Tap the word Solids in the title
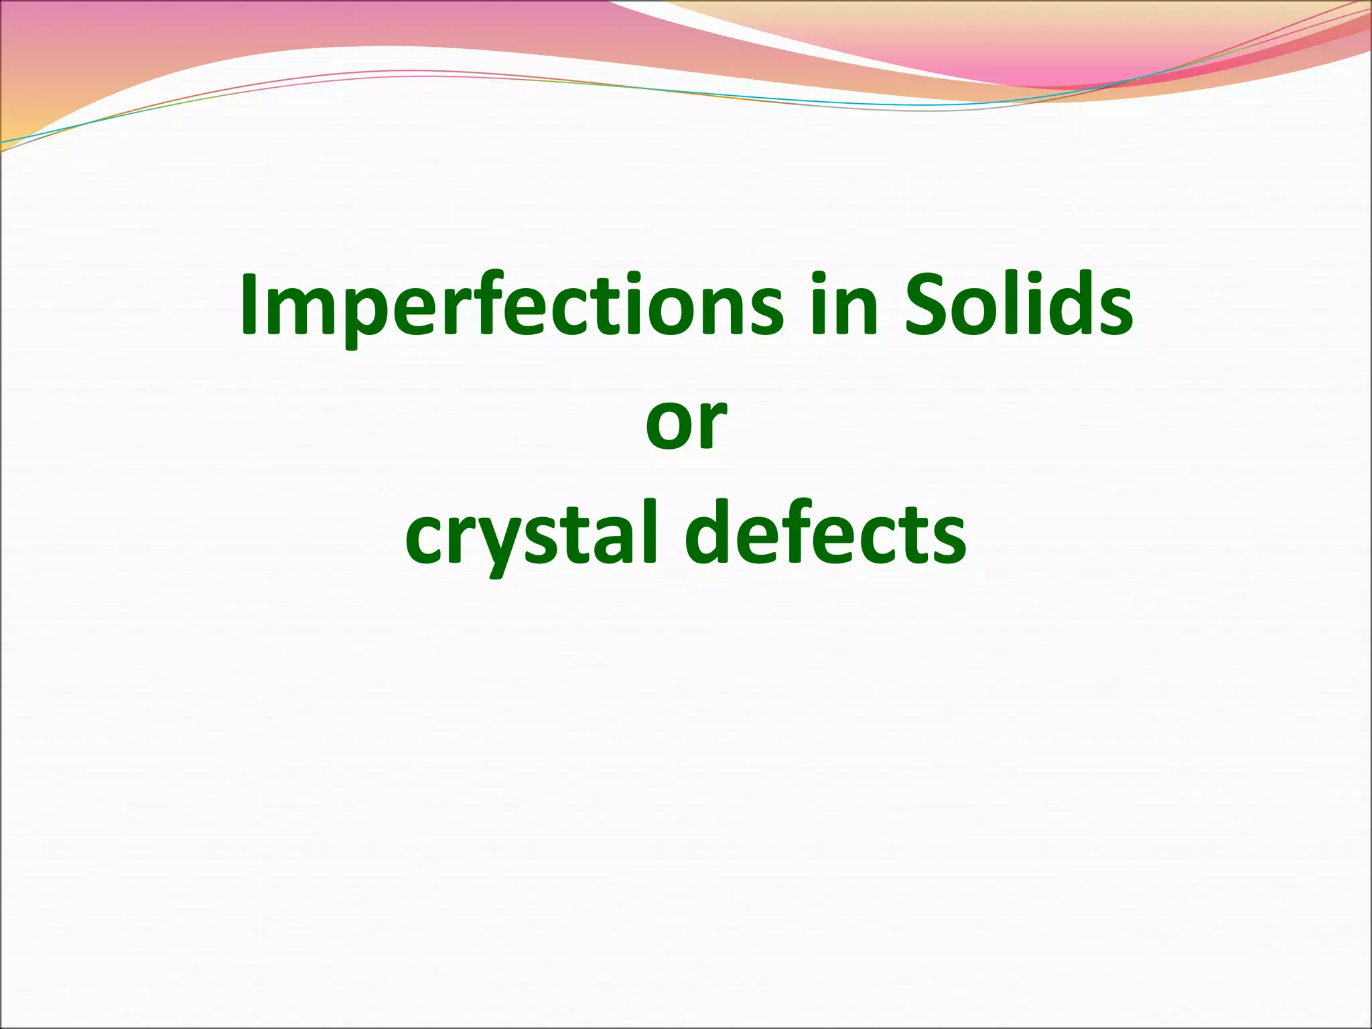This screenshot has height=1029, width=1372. (x=1018, y=305)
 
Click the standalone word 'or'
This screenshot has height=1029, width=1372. (x=686, y=422)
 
